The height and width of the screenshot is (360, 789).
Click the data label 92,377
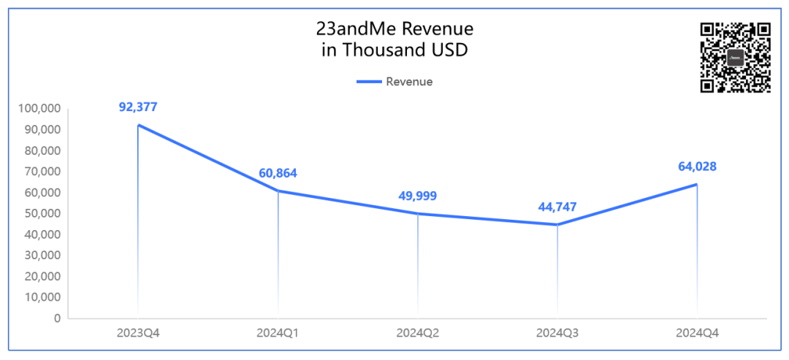coord(138,107)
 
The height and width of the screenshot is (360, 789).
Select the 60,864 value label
coord(278,173)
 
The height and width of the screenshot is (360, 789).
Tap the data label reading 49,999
coord(417,196)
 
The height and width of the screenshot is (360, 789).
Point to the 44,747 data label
coord(557,207)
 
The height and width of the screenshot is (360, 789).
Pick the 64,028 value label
coord(697,166)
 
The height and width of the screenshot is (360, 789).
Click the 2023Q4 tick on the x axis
coord(138,333)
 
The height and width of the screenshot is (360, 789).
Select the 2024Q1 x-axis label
coord(278,333)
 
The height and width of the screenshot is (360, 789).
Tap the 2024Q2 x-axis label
coord(417,333)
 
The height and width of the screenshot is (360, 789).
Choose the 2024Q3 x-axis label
coord(557,333)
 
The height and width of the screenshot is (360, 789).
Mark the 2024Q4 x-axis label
coord(697,333)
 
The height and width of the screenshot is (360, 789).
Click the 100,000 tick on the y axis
coord(37,109)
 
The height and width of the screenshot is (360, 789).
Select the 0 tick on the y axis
coord(56,318)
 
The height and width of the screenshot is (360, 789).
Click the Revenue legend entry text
coord(409,82)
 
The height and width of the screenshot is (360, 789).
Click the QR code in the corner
coord(735,58)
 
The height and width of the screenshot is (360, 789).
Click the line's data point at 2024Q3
coord(557,224)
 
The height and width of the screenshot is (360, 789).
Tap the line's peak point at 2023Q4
coord(138,125)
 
